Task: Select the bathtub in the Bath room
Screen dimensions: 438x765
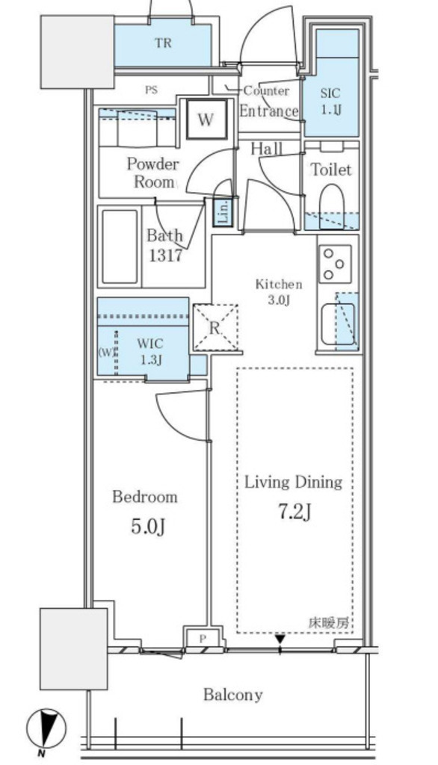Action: pyautogui.click(x=120, y=247)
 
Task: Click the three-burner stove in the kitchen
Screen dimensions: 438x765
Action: pyautogui.click(x=335, y=264)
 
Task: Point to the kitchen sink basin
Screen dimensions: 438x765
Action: pyautogui.click(x=338, y=324)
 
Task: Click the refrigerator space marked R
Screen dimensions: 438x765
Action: pyautogui.click(x=215, y=328)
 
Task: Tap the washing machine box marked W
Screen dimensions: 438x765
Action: pyautogui.click(x=206, y=119)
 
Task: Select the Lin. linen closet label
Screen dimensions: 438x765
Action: pyautogui.click(x=223, y=213)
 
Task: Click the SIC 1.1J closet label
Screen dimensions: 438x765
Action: pyautogui.click(x=330, y=102)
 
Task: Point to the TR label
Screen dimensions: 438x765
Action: pyautogui.click(x=164, y=43)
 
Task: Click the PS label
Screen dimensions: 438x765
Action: pyautogui.click(x=152, y=90)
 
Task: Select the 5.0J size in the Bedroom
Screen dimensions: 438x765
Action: pyautogui.click(x=148, y=527)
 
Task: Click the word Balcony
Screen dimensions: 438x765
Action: pyautogui.click(x=233, y=694)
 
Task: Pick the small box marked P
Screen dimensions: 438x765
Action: pyautogui.click(x=203, y=638)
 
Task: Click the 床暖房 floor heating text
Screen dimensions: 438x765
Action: pyautogui.click(x=329, y=622)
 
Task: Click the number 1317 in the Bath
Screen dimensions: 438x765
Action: pyautogui.click(x=165, y=255)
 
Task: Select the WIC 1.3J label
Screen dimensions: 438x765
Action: pyautogui.click(x=150, y=351)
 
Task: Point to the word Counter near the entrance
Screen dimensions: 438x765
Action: pyautogui.click(x=266, y=90)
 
